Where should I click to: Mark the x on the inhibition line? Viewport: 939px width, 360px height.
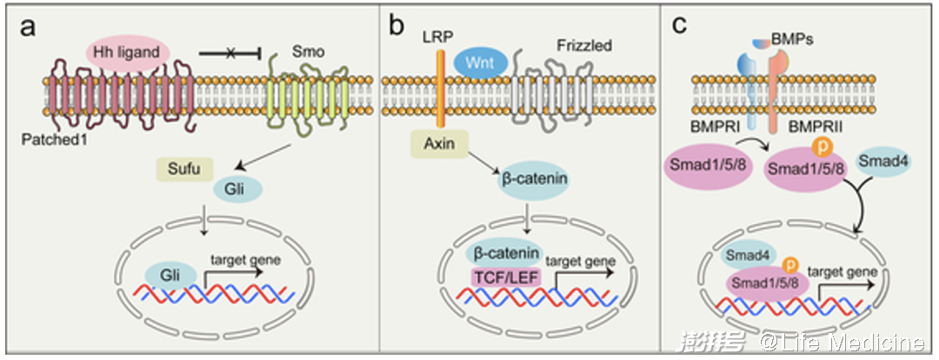pos(230,54)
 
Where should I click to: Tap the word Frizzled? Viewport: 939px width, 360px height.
pos(588,45)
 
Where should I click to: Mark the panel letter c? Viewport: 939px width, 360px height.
pos(680,25)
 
